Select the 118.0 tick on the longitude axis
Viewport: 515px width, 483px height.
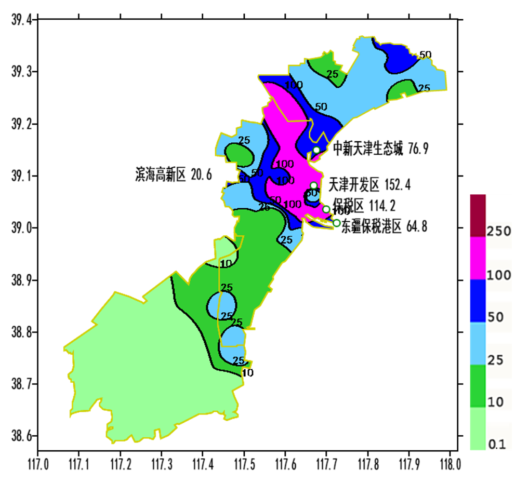point(449,463)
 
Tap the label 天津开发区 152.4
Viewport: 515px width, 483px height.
point(373,184)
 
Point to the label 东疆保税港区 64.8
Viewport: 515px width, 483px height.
point(385,227)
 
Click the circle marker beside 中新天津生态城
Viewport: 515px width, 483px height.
point(316,151)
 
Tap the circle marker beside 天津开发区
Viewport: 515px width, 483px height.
point(313,185)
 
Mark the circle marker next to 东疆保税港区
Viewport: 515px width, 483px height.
point(336,223)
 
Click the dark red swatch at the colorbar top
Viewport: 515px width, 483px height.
point(478,216)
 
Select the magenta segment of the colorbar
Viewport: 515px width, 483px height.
point(478,258)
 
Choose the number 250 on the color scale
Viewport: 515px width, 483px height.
point(499,232)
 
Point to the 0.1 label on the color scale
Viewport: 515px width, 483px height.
point(496,445)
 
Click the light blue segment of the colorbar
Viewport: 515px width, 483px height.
point(478,343)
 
